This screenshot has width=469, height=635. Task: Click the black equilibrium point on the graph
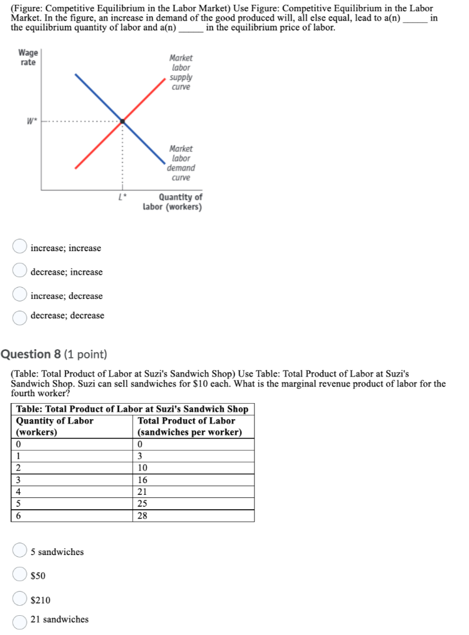[122, 121]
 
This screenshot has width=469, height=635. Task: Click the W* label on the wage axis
[29, 121]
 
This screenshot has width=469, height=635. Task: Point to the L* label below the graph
[122, 198]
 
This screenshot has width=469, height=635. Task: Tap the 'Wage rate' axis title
[27, 58]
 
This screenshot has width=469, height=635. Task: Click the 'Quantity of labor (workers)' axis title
[172, 202]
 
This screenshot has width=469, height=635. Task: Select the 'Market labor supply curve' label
[181, 73]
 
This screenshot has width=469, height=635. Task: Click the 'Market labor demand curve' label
[181, 163]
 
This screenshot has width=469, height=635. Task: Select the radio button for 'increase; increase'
[20, 247]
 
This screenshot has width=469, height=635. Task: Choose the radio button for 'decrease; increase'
[20, 271]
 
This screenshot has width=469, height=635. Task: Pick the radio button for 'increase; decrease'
[20, 295]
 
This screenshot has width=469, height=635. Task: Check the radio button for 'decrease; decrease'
[20, 316]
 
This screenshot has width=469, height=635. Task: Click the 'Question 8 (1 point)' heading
[54, 354]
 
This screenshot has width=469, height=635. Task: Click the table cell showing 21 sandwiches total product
[193, 492]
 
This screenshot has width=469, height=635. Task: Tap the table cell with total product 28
[193, 515]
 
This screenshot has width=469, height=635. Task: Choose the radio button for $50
[20, 575]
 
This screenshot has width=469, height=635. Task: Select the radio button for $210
[20, 599]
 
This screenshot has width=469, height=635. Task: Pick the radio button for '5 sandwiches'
[20, 551]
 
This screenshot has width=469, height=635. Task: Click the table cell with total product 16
[193, 480]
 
